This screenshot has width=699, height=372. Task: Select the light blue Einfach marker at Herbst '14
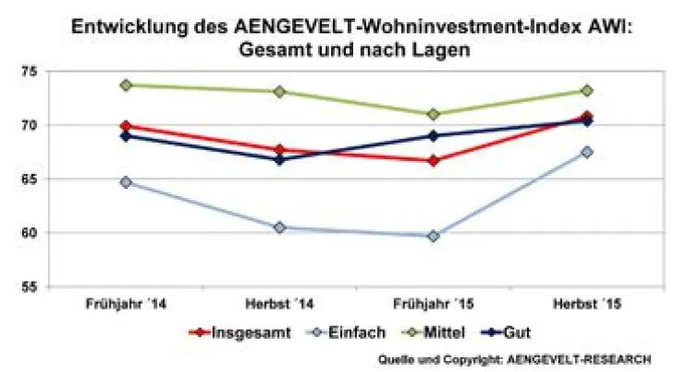pyautogui.click(x=279, y=227)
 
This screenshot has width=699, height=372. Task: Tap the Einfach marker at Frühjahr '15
pyautogui.click(x=433, y=236)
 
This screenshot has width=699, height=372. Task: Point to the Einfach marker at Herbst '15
pyautogui.click(x=587, y=152)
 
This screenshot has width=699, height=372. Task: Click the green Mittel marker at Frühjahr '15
pyautogui.click(x=433, y=114)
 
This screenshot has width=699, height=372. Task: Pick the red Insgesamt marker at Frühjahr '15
pyautogui.click(x=433, y=160)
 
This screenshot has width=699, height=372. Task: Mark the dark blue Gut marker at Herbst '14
pyautogui.click(x=279, y=159)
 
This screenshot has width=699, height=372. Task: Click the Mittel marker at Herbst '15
pyautogui.click(x=587, y=90)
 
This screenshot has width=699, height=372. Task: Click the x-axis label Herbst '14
pyautogui.click(x=279, y=304)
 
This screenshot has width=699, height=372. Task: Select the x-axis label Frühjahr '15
pyautogui.click(x=433, y=304)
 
